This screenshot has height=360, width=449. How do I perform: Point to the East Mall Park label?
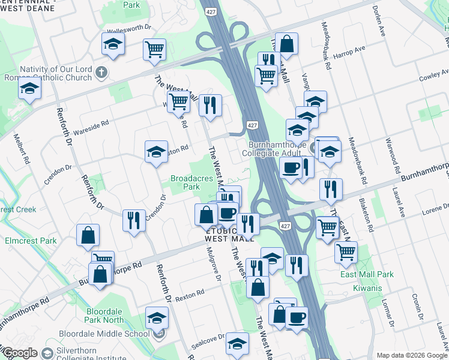(x=367, y=274)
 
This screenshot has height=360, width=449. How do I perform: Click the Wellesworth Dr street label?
(x=127, y=31)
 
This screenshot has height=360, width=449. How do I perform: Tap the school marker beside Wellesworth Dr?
(x=112, y=44)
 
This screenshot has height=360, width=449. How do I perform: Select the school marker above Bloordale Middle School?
(x=157, y=318)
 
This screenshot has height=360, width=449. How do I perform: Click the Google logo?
(x=20, y=353)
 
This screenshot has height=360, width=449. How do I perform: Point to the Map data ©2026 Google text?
(x=411, y=355)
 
